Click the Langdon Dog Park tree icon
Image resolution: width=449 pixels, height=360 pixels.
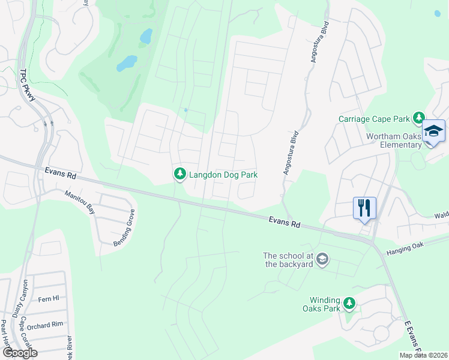[x=179, y=175]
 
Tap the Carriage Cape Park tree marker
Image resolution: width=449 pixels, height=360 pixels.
[x=419, y=118]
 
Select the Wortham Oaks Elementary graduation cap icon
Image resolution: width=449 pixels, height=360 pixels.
[x=433, y=132]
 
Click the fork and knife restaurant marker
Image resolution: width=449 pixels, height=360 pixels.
[x=364, y=208]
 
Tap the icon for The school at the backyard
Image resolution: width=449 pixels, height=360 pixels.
[x=322, y=259]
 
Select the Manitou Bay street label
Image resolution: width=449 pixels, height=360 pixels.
[x=80, y=202]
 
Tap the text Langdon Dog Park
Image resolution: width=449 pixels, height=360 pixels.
[x=223, y=175]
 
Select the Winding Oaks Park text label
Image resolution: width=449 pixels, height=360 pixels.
[x=325, y=304]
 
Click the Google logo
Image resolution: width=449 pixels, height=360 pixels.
[x=19, y=352]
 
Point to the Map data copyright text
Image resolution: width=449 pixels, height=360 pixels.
[x=424, y=355]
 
